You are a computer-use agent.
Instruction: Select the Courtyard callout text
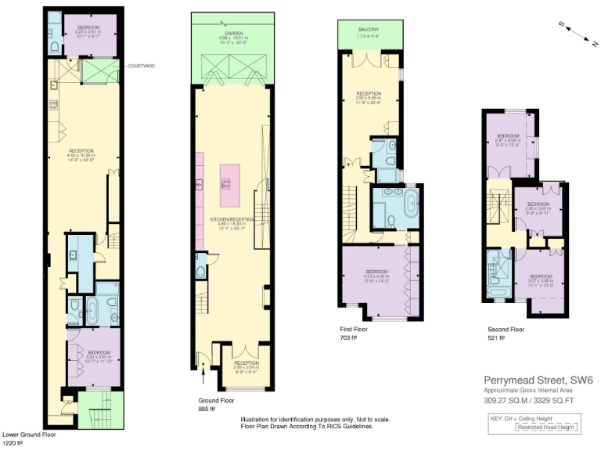141,67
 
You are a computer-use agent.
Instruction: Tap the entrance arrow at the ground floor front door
203,370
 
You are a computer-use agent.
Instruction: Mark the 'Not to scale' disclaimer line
315,419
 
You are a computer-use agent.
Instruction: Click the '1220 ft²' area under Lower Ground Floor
14,443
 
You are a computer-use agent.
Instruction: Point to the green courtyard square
99,72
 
